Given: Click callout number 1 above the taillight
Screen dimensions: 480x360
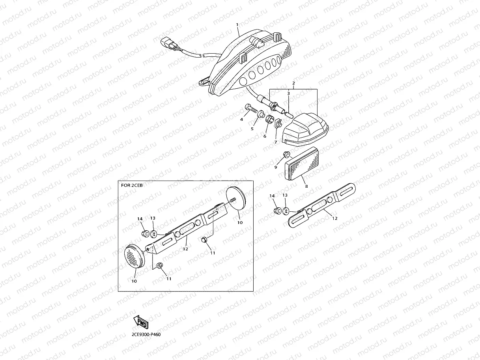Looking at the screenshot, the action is [x=237, y=25].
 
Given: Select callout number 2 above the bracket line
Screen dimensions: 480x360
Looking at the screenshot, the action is [x=293, y=83].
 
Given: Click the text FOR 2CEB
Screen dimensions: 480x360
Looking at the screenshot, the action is [x=132, y=185].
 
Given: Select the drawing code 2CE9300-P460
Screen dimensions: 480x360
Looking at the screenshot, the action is [x=146, y=334].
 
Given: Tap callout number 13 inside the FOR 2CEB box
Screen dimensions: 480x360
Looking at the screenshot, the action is [x=153, y=218].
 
